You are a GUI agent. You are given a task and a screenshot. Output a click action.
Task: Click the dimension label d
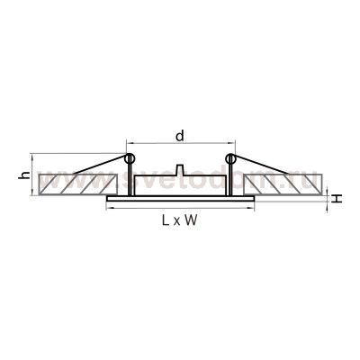pyautogui.click(x=180, y=135)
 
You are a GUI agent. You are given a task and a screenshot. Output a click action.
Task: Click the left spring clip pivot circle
pyautogui.click(x=130, y=159)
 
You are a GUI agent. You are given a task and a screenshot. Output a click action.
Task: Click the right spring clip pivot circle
pyautogui.click(x=230, y=159)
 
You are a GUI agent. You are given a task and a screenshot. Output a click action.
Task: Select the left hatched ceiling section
pyautogui.click(x=76, y=184)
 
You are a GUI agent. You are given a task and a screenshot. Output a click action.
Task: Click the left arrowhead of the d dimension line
pyautogui.click(x=128, y=144)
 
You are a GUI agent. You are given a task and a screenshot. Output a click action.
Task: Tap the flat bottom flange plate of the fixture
pyautogui.click(x=180, y=196)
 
